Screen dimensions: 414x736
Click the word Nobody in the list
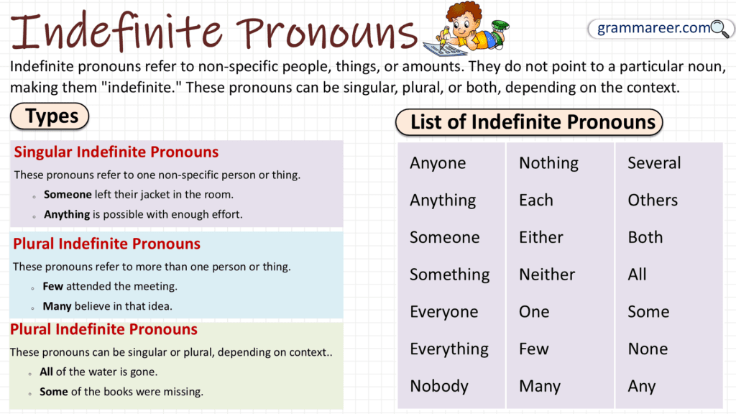(438, 386)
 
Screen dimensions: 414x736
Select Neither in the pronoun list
(547, 275)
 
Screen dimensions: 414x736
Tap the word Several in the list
(654, 163)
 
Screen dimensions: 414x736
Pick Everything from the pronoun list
(449, 349)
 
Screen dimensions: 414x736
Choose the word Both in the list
(645, 238)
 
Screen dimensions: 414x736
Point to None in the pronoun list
(648, 349)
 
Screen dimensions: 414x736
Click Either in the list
(540, 238)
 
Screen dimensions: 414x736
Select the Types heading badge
(50, 116)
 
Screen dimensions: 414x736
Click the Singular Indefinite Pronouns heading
(116, 152)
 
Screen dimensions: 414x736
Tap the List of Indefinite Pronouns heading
(533, 122)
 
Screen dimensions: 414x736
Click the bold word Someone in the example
(68, 194)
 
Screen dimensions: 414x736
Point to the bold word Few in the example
(52, 286)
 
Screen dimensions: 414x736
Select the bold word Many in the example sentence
(57, 306)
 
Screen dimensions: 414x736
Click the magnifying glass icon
(719, 29)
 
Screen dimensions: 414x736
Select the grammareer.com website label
(653, 29)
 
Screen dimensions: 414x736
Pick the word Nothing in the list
(548, 163)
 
